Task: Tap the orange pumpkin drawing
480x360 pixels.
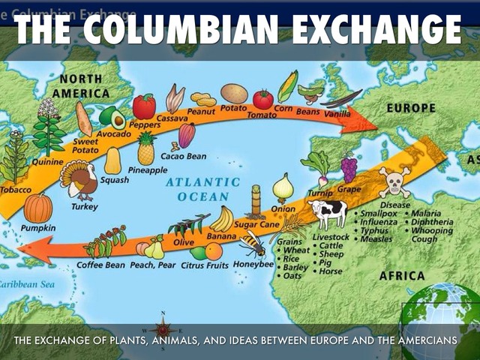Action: (37, 208)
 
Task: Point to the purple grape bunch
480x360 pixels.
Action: (349, 168)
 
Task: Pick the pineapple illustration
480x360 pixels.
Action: (146, 149)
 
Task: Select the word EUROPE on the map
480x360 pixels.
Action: (410, 109)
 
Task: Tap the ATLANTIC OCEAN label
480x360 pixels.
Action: (197, 189)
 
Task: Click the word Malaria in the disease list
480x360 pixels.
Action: (425, 214)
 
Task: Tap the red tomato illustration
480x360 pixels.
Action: (262, 99)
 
